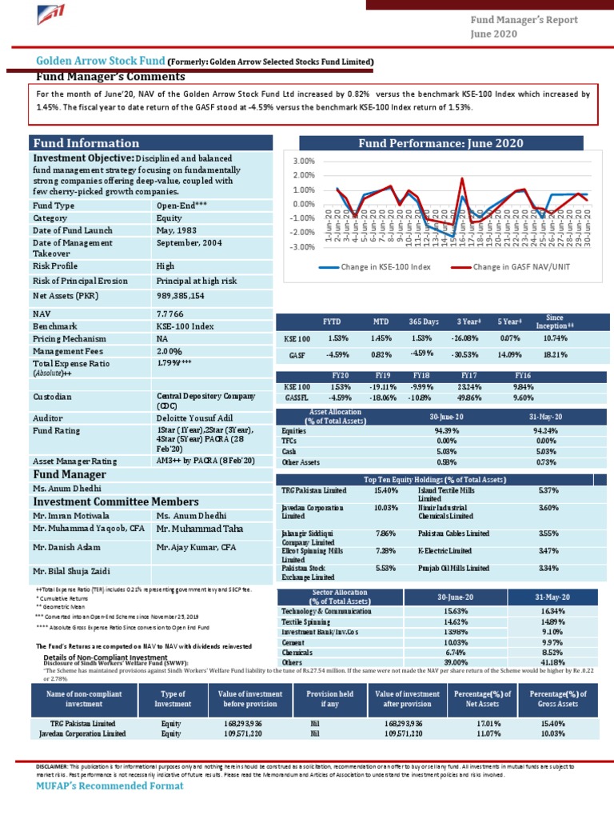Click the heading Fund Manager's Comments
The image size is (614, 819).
click(110, 77)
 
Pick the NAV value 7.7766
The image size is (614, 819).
click(171, 314)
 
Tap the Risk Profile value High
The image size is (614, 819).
click(165, 266)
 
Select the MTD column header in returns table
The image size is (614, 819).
click(381, 322)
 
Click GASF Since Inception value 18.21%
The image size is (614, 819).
click(555, 354)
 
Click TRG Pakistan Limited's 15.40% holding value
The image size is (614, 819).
click(385, 490)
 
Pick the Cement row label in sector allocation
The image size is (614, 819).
click(293, 642)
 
